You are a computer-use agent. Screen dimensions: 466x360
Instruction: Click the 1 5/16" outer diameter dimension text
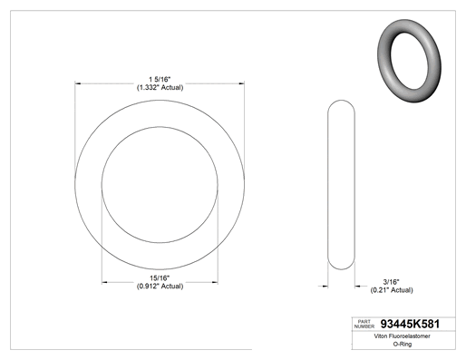[160, 80]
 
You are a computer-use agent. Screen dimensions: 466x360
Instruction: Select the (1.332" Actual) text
[160, 88]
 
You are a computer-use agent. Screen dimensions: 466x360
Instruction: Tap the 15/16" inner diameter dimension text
[160, 277]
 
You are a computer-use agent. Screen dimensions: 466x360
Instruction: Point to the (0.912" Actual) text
[160, 286]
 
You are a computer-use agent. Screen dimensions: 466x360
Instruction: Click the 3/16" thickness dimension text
[392, 282]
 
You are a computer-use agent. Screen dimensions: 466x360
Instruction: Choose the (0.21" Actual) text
[392, 290]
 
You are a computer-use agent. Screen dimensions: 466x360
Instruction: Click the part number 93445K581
[410, 324]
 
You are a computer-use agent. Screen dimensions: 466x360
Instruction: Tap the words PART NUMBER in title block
[364, 324]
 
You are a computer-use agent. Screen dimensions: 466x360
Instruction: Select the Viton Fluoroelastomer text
[402, 336]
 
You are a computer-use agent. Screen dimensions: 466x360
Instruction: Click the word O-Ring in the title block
[403, 344]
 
